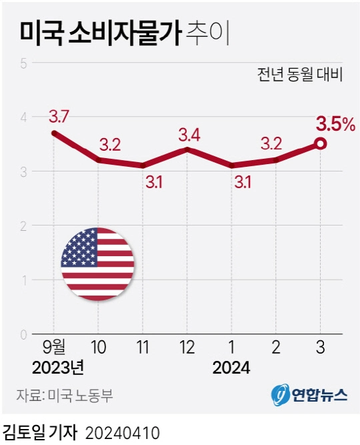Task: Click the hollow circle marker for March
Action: [320, 143]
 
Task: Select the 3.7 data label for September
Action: [59, 117]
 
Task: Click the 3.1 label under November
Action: [154, 181]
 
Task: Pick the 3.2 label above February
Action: [275, 143]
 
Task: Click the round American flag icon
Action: [97, 264]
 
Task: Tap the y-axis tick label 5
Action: [23, 63]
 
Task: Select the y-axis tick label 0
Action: [23, 334]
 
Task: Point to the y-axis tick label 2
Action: [23, 226]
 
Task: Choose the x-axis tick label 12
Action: [187, 348]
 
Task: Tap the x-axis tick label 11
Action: [143, 348]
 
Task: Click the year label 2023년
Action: [58, 368]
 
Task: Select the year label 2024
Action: [231, 368]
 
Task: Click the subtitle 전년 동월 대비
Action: [299, 74]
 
